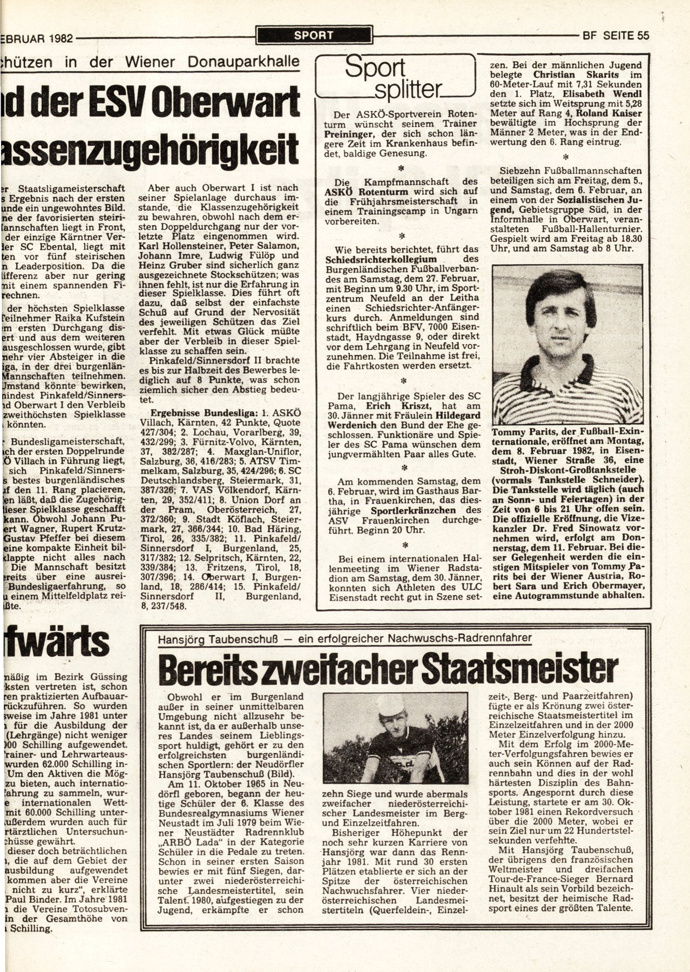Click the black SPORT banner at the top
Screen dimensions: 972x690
coord(314,36)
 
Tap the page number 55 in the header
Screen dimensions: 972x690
coord(642,36)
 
